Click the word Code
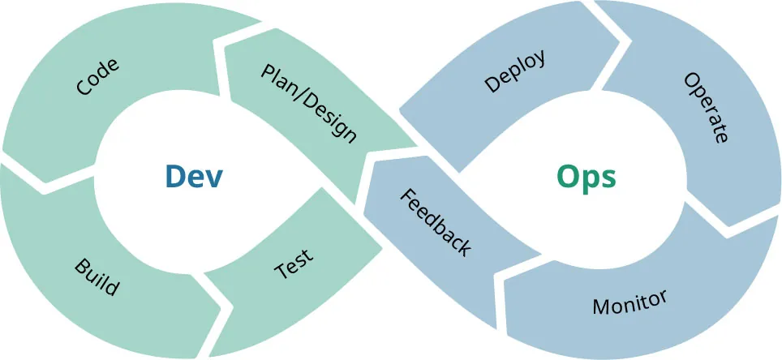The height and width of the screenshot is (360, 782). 97,77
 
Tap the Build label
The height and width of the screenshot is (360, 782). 97,277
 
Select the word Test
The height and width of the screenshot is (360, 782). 294,264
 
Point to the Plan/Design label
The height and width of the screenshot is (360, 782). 308,103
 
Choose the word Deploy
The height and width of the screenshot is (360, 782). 514,71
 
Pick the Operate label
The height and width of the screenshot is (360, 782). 706,107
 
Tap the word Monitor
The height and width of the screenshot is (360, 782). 629,302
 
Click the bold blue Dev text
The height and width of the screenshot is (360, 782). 193,176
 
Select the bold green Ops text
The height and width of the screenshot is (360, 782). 586,176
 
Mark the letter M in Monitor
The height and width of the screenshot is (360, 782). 601,309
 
